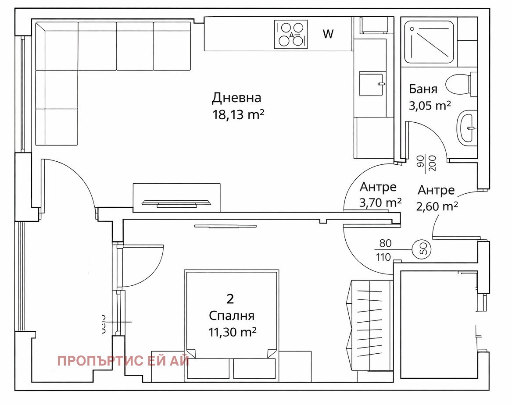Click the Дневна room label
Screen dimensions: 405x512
(x=236, y=97)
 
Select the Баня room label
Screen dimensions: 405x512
(x=423, y=89)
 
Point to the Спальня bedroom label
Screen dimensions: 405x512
(x=232, y=316)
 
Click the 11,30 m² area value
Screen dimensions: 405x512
(x=233, y=332)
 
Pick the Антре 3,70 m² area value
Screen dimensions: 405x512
(x=380, y=202)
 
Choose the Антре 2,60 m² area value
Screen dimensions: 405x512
(x=437, y=206)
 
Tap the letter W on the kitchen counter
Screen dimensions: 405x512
(x=328, y=34)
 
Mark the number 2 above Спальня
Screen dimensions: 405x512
(x=230, y=299)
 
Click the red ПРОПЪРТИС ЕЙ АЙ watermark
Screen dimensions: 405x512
(x=123, y=361)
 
